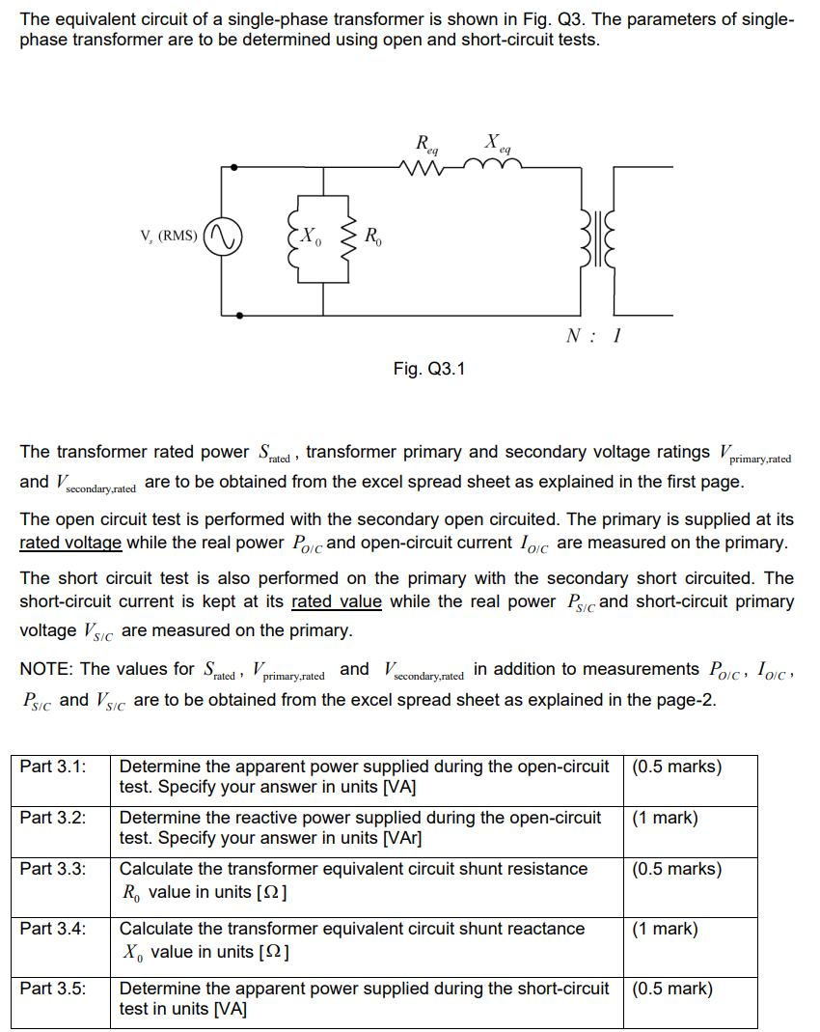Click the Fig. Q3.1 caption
coord(428,369)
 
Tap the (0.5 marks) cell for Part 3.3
coord(676,869)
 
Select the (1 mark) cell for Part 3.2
coord(665,818)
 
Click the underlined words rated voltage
coord(70,543)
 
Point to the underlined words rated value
coord(336,601)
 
